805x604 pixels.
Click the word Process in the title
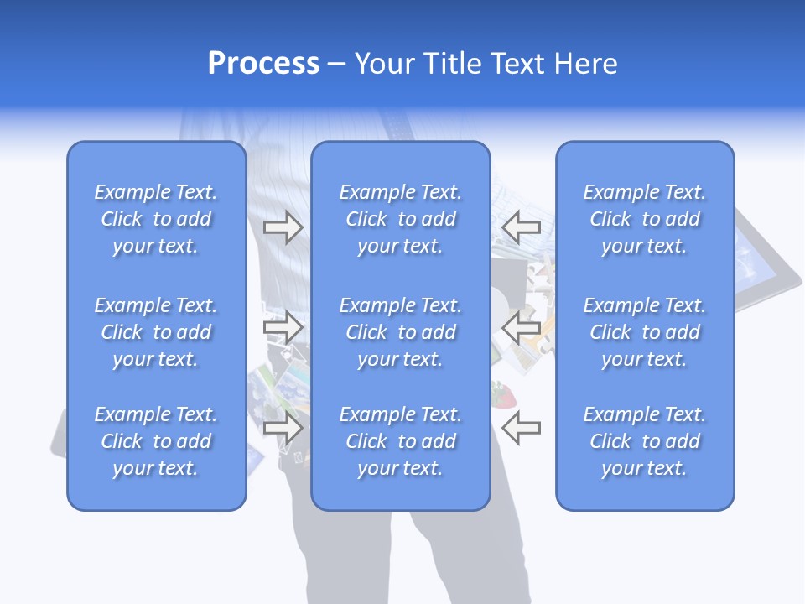coord(263,64)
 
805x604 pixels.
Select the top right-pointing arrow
coord(283,227)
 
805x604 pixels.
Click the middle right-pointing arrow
coord(283,327)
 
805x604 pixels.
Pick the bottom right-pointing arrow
coord(283,428)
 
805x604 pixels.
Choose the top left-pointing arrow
coord(521,226)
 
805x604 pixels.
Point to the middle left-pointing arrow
coord(521,327)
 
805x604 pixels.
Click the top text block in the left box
coord(156,219)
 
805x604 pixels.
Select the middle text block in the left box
coord(156,332)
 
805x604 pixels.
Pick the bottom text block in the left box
coord(156,441)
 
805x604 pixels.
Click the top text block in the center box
coord(400,219)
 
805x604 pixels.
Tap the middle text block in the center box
coord(400,332)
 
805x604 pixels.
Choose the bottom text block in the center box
coord(400,441)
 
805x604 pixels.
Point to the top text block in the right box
coord(644,219)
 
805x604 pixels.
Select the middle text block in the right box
coord(644,332)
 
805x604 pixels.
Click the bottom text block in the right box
coord(644,441)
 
